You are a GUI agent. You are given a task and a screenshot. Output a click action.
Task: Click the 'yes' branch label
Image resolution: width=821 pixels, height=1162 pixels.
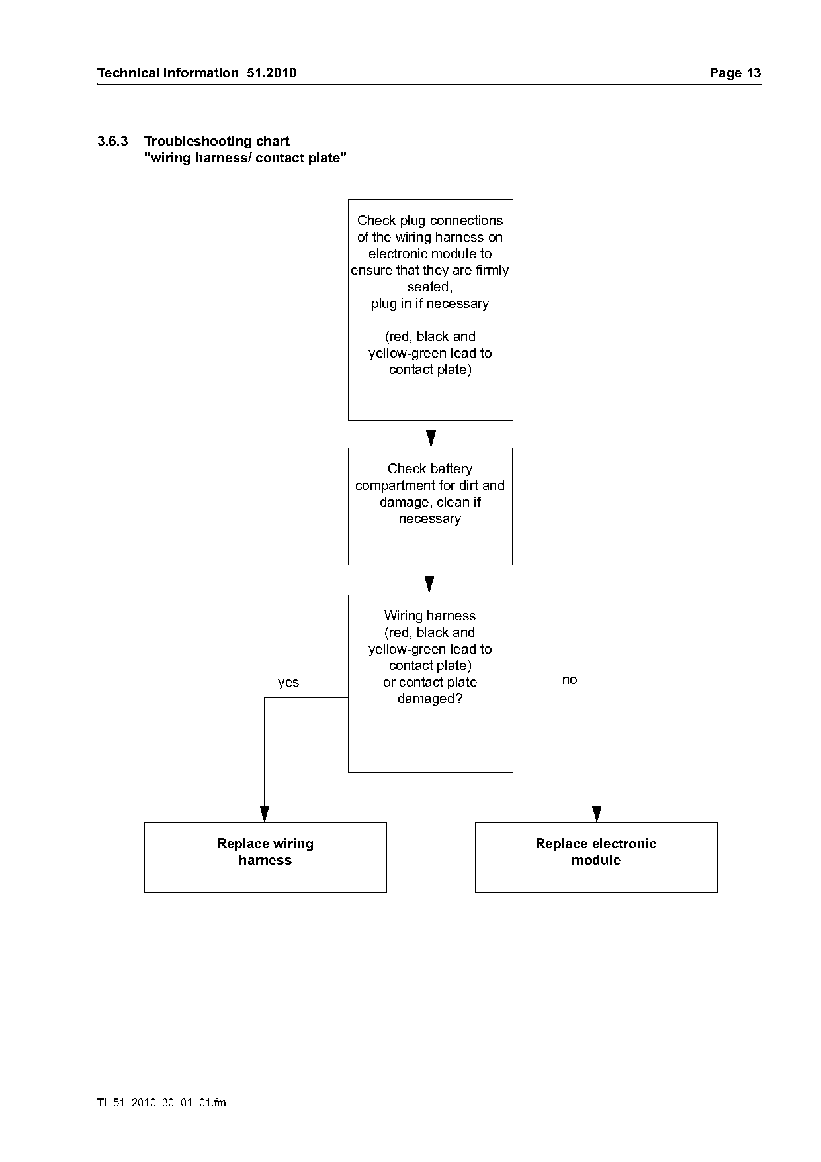tap(288, 683)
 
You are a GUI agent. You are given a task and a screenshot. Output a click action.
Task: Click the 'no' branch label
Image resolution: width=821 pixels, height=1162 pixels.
tap(570, 680)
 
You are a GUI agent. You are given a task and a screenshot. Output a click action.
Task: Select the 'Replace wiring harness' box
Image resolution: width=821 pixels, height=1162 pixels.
tap(265, 857)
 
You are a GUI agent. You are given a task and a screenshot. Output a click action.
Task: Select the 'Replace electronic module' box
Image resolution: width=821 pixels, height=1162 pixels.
tap(596, 857)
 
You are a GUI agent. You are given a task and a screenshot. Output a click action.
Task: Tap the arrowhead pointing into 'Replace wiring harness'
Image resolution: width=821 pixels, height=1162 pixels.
tap(265, 814)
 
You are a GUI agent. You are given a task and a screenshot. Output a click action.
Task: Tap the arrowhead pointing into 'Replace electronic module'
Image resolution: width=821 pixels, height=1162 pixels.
tap(597, 814)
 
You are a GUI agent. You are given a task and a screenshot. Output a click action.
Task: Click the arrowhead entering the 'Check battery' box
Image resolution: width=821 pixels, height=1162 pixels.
tap(431, 439)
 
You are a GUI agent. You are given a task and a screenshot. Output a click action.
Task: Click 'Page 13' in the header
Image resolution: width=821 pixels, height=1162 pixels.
tap(735, 73)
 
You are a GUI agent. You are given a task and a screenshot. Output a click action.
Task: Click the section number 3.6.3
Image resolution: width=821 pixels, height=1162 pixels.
tap(112, 141)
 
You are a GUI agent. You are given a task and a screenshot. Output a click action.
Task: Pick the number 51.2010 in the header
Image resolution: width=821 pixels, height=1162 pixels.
tap(272, 73)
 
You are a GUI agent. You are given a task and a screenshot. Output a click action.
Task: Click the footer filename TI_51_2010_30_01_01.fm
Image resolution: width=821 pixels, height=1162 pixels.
tap(161, 1102)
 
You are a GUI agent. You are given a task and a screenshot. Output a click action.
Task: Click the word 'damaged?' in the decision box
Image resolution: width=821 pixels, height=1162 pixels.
tap(430, 699)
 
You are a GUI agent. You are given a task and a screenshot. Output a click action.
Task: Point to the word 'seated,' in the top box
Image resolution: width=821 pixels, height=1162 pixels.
tap(430, 287)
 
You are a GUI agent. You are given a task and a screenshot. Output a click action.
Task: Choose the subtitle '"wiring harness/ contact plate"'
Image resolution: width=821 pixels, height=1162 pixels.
tap(245, 158)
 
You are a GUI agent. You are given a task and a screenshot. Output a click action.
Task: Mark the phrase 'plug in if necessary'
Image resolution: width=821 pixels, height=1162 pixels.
tap(430, 304)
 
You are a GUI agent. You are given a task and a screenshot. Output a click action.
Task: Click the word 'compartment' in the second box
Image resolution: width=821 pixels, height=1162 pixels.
tap(396, 486)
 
